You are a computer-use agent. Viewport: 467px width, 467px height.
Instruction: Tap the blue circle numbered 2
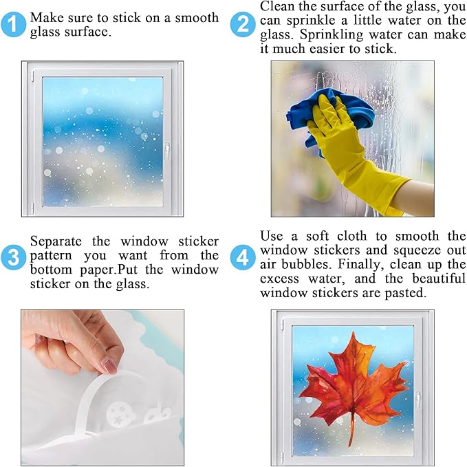coord(243,25)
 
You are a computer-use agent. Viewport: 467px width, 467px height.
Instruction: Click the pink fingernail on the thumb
coord(109,364)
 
